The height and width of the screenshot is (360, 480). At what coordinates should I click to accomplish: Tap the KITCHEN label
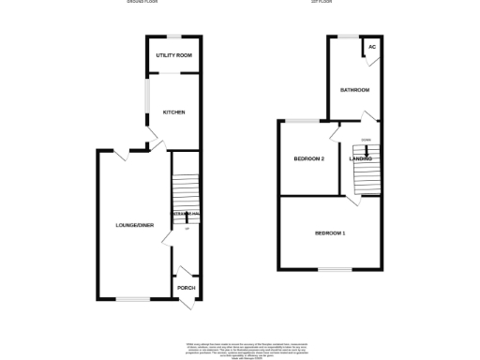pos(174,112)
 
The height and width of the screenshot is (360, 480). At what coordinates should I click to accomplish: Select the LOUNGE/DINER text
pos(134,226)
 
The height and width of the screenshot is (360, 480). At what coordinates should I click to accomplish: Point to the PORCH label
pos(186,287)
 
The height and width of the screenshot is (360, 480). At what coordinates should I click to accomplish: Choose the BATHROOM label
pos(354,90)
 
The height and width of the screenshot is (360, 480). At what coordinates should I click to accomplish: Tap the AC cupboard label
pos(372,46)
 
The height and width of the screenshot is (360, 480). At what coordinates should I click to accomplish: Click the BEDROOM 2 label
pos(308,159)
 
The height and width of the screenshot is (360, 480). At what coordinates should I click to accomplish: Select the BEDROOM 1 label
pos(330,232)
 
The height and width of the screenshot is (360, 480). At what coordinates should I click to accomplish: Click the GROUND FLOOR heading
pos(142,3)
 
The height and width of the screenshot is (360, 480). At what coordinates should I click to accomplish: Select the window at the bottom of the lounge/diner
pos(130,301)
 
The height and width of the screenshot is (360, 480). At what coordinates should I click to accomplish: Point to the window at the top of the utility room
pos(173,37)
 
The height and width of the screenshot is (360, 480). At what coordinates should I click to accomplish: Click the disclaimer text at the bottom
pos(240,346)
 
